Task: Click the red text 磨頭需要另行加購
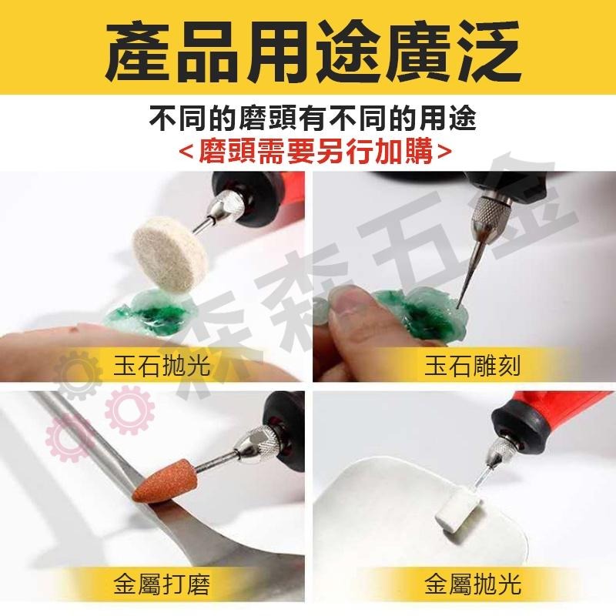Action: pos(308,148)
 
